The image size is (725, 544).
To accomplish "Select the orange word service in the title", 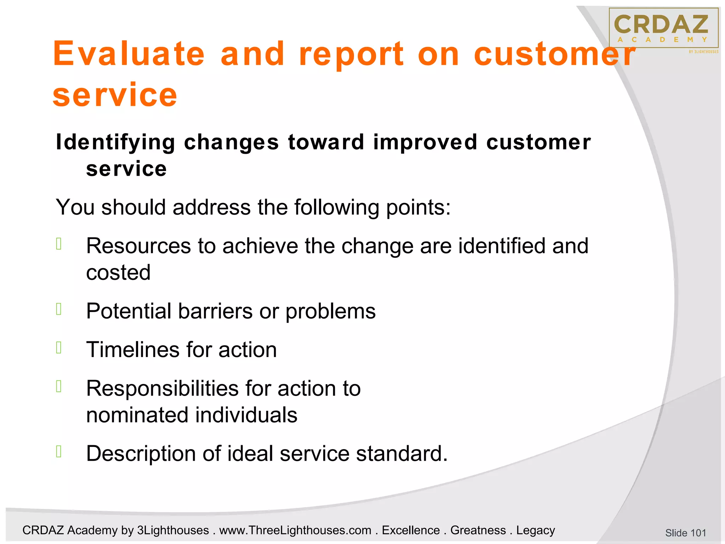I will tap(115, 95).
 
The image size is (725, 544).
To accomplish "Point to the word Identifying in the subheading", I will tap(115, 142).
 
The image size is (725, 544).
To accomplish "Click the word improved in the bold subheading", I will tap(425, 142).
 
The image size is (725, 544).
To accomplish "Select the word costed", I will tap(118, 273).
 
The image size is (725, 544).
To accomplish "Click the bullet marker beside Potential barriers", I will tap(59, 309).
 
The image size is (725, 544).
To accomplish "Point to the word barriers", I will tap(215, 311).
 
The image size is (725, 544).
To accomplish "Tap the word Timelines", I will tap(133, 350).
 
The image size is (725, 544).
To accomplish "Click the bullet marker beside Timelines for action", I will tap(59, 348).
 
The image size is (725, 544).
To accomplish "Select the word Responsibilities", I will tap(162, 389).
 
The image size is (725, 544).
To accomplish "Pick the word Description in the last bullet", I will tap(141, 454).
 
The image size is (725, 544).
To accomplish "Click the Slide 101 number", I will tap(685, 533).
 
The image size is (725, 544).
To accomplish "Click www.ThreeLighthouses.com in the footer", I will tap(295, 531).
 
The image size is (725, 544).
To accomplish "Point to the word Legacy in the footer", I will tap(535, 531).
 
